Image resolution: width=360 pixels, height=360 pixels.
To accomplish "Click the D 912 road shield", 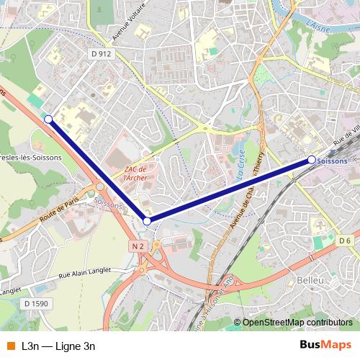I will tap(102, 54).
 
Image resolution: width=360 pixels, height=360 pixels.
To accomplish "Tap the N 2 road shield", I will tap(139, 246).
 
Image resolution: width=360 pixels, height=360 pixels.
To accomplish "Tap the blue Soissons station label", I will tap(332, 161).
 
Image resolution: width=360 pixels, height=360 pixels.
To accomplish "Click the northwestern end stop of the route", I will tap(48, 119).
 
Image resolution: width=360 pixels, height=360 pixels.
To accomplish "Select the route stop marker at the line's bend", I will tap(147, 221).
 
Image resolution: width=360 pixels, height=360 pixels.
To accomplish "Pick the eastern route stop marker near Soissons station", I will tap(311, 159).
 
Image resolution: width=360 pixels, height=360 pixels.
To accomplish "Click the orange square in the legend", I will tap(10, 346).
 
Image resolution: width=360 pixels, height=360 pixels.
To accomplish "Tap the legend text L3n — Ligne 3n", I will tap(58, 346).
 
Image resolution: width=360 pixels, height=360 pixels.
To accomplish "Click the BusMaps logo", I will tap(325, 346).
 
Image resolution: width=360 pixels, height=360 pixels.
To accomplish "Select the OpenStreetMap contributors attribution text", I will tap(297, 323).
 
